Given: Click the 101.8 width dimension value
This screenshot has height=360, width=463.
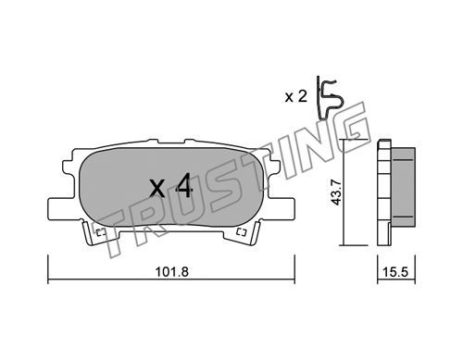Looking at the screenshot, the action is (x=171, y=272).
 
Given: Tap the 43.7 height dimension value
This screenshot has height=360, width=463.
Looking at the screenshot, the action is (x=336, y=192).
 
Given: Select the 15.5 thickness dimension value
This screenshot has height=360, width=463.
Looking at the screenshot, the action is (x=395, y=272).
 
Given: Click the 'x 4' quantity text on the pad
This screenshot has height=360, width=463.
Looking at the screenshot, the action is (x=171, y=185).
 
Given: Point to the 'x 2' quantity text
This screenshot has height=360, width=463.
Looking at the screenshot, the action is (x=296, y=97).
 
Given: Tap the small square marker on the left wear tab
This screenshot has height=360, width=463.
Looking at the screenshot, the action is (x=101, y=232).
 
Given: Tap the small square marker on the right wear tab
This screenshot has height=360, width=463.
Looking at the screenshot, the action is (x=242, y=232).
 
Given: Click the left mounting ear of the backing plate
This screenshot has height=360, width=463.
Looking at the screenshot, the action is (x=63, y=208).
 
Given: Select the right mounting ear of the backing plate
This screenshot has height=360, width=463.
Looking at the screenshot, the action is (x=280, y=208).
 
